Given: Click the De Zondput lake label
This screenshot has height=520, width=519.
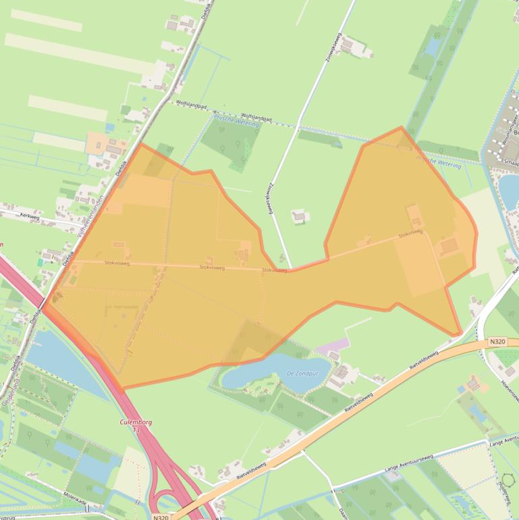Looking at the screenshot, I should (x=302, y=373).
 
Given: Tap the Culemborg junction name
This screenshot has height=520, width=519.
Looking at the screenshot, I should (x=135, y=422).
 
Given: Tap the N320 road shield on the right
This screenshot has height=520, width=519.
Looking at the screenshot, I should (x=497, y=342).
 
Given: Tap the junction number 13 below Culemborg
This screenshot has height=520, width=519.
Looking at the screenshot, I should (x=136, y=430).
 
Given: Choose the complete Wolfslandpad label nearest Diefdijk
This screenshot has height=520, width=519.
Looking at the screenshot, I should (x=189, y=104).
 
